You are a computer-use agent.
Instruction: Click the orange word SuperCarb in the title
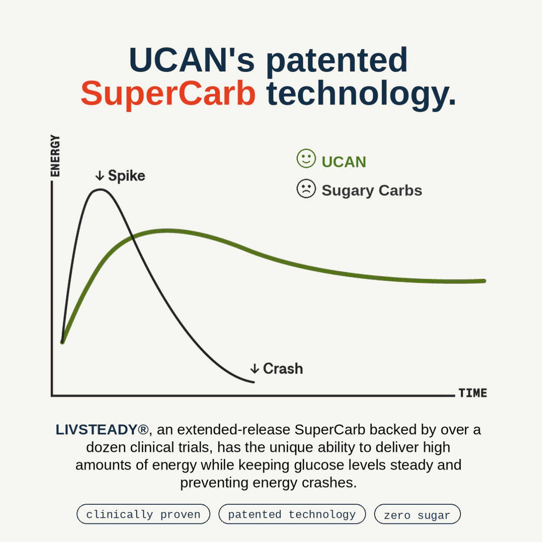click(168, 94)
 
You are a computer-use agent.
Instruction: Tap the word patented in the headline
click(336, 60)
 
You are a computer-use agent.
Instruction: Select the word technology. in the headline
click(361, 94)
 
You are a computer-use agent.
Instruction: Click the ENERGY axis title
click(55, 156)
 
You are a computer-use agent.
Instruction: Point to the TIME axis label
click(473, 393)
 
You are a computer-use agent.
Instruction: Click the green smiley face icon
click(306, 159)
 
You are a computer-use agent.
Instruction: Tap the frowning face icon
click(306, 189)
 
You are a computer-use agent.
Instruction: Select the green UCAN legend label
click(344, 162)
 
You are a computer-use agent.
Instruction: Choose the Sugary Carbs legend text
click(372, 191)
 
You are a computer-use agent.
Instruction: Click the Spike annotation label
click(127, 176)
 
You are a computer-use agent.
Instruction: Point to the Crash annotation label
click(283, 369)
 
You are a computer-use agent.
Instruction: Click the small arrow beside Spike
click(100, 176)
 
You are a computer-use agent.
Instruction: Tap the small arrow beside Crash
click(254, 369)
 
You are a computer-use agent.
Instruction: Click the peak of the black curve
click(101, 189)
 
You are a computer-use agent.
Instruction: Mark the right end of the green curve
click(484, 281)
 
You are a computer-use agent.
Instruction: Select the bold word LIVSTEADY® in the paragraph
click(102, 430)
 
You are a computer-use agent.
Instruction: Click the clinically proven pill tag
click(144, 514)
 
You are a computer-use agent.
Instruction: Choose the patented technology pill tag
click(292, 514)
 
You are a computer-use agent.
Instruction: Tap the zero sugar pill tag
click(418, 514)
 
